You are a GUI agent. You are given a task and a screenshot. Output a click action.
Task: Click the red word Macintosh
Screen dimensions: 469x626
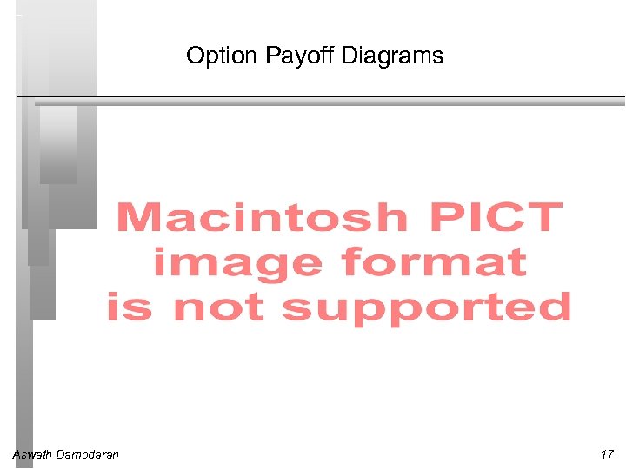point(261,216)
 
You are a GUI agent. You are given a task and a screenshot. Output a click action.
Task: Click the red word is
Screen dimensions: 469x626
point(128,307)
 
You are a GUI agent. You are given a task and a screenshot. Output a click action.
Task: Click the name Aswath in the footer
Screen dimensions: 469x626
point(31,454)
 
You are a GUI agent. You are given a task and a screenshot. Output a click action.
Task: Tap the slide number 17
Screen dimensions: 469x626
point(606,454)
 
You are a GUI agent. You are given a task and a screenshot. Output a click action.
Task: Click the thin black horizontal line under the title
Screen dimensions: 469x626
point(348,96)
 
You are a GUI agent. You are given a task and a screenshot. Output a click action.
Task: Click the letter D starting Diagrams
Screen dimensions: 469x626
point(347,56)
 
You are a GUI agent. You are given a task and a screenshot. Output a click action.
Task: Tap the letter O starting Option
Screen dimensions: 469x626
point(194,56)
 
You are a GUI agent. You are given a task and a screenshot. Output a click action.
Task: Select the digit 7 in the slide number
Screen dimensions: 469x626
point(609,454)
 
